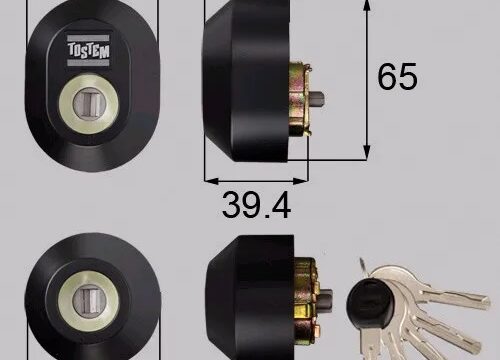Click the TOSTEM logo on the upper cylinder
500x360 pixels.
tap(88, 50)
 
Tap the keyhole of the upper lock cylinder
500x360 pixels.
tap(89, 105)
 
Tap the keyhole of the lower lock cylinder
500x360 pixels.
tap(89, 301)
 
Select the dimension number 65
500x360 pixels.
tap(397, 76)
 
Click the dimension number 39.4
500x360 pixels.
tap(256, 205)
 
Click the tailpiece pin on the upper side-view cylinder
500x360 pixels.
tap(317, 100)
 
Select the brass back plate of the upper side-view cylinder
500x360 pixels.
tap(300, 99)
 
